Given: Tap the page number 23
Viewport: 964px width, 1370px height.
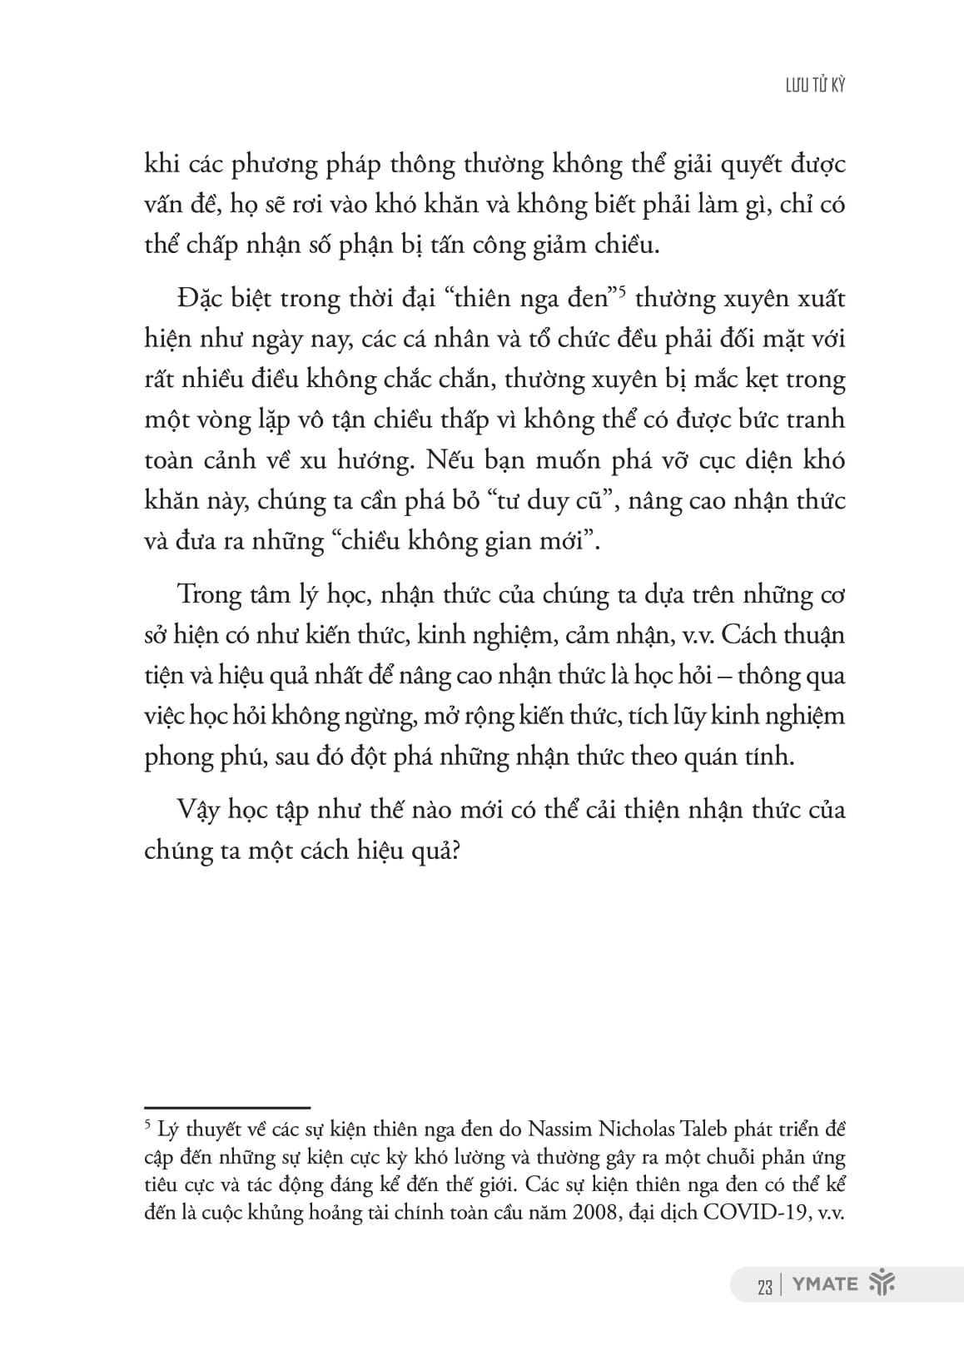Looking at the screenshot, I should (x=764, y=1286).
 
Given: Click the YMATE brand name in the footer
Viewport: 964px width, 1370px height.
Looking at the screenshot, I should (x=825, y=1284).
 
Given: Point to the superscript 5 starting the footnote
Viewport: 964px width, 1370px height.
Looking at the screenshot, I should (x=148, y=1125).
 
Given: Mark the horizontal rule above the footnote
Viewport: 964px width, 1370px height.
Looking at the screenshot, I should (x=226, y=1108).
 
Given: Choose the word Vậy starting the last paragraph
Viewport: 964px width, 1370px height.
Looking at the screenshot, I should (x=198, y=810).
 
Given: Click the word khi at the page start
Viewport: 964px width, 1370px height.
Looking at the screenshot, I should (x=161, y=164).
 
